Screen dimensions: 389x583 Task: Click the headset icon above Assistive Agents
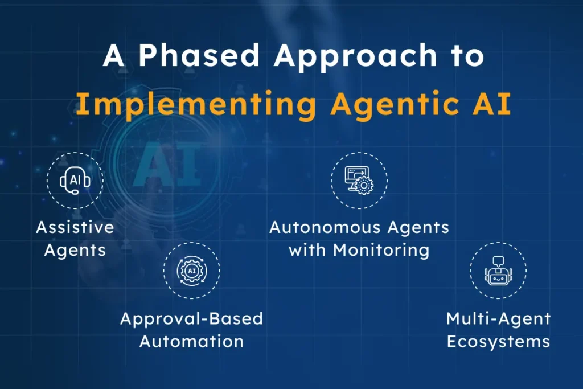tap(75, 181)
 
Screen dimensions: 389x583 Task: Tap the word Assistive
tap(75, 228)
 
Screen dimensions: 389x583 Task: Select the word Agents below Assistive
tap(75, 251)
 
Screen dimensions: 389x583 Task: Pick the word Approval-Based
tap(191, 318)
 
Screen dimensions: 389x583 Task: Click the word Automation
tap(191, 341)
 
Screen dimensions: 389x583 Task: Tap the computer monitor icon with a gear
tap(359, 181)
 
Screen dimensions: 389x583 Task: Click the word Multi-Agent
tap(498, 318)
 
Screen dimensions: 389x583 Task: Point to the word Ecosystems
tap(498, 341)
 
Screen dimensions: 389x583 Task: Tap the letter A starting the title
tap(114, 58)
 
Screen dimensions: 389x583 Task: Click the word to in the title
tap(465, 58)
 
